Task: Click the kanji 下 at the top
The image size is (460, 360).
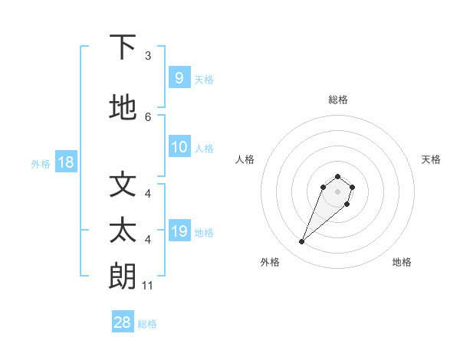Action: [x=123, y=47]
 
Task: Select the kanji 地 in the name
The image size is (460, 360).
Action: [x=123, y=108]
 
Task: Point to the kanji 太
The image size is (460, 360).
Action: [x=123, y=231]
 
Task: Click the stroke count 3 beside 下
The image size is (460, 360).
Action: [x=148, y=56]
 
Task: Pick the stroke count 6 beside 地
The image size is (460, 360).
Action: [x=148, y=116]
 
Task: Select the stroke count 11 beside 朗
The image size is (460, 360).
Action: [x=148, y=286]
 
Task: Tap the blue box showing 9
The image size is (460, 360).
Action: [x=179, y=77]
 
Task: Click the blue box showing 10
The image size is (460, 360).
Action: [x=179, y=147]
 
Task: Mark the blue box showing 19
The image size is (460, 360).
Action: [x=179, y=231]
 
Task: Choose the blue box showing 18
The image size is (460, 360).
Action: [x=66, y=162]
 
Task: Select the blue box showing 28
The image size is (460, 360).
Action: [x=123, y=322]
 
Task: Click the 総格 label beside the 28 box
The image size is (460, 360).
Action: [x=147, y=324]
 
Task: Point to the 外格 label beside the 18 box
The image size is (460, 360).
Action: [x=41, y=164]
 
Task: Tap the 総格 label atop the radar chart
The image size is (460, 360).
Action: [x=337, y=100]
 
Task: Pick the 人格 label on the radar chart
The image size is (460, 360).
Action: [x=245, y=159]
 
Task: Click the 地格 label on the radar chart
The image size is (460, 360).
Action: [x=402, y=262]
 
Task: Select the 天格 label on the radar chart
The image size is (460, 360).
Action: [x=431, y=159]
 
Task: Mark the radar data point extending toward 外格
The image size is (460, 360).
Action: [x=302, y=242]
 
